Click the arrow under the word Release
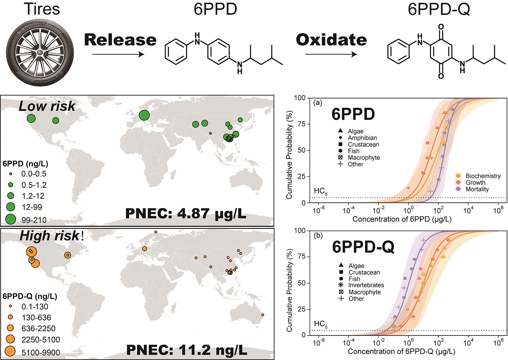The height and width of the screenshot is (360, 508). (x=118, y=54)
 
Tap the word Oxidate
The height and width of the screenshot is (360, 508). (x=331, y=40)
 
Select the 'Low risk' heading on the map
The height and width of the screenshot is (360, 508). (x=47, y=106)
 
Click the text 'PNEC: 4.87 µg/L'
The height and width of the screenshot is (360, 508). (x=186, y=213)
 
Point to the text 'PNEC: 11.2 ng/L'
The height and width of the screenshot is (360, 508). (x=187, y=350)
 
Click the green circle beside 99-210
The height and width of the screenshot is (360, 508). (x=11, y=219)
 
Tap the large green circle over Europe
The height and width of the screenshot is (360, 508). (x=144, y=115)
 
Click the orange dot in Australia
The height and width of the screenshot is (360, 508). (x=263, y=315)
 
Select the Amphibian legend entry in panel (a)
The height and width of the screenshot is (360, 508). (x=362, y=138)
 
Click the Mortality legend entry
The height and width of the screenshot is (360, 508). (x=477, y=189)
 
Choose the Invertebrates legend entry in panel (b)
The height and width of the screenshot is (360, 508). (x=366, y=285)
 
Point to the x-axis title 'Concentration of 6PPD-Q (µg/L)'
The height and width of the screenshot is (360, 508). (x=401, y=352)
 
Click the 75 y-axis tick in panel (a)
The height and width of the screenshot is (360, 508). (x=302, y=124)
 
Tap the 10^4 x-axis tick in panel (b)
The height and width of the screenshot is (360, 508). (x=468, y=343)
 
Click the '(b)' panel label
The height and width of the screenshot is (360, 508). (x=318, y=235)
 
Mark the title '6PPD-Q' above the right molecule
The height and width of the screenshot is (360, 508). (x=439, y=9)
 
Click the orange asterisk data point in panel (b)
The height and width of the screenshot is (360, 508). (x=443, y=257)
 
